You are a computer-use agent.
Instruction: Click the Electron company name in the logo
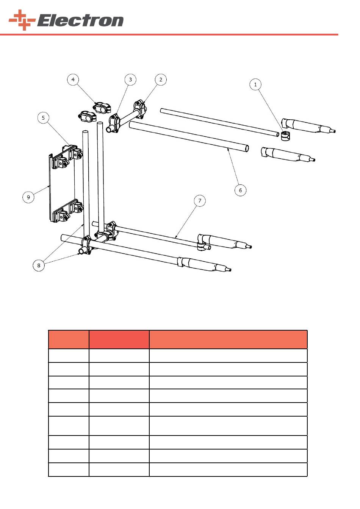pos(80,20)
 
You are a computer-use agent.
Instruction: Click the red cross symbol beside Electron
pos(22,20)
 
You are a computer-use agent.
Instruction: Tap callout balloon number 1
pos(255,84)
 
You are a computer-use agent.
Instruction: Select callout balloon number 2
pos(161,80)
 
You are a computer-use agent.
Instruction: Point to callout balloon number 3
pos(130,80)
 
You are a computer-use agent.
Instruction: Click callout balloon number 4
pos(73,80)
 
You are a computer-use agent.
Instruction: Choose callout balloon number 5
pos(43,118)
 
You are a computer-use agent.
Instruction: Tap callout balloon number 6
pos(240,190)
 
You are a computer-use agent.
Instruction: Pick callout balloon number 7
pos(200,201)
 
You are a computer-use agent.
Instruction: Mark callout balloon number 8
pos(39,265)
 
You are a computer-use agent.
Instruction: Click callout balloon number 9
pos(28,197)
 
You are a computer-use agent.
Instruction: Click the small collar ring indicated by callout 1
pos(285,136)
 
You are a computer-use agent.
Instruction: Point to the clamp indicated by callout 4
pos(102,108)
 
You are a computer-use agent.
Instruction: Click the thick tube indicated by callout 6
pos(189,137)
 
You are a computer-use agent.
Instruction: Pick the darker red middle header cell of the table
pos(119,339)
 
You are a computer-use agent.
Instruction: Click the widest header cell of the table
pos(228,339)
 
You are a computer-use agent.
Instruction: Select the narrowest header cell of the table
pos(69,339)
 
